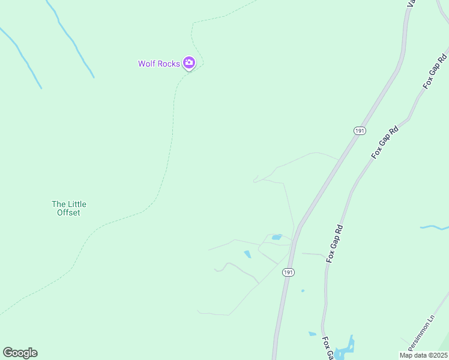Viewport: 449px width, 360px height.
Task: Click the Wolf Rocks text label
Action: [159, 64]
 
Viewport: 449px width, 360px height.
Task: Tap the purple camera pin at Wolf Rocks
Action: [189, 62]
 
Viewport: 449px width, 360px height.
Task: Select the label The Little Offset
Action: [68, 208]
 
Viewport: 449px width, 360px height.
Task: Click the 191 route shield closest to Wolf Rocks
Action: [359, 131]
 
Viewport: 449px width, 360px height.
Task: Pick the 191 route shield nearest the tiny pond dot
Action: [289, 272]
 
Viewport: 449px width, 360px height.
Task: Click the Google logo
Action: [20, 353]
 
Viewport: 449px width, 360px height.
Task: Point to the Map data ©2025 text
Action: [423, 355]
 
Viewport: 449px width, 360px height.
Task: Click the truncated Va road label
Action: [411, 4]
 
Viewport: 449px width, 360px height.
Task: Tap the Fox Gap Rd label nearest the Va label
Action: [436, 71]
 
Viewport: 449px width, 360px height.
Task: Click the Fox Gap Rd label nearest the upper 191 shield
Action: [385, 142]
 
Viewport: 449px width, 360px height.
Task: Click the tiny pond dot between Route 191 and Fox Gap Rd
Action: [303, 291]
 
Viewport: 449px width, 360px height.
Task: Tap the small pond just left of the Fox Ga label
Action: [312, 334]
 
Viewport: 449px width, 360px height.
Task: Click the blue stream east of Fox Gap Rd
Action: [434, 227]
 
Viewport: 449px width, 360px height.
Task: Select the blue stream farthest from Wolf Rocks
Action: [434, 227]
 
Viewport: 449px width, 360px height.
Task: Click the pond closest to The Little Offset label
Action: [247, 254]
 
